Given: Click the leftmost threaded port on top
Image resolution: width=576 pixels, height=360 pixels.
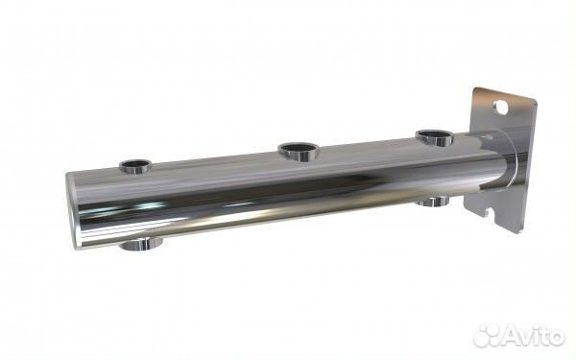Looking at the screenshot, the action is click(x=135, y=166).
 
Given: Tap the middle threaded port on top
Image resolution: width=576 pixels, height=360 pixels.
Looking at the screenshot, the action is click(x=299, y=152).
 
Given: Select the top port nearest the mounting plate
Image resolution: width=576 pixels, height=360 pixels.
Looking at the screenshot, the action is click(x=435, y=137).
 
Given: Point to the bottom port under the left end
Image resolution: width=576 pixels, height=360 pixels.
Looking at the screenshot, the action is click(x=142, y=244).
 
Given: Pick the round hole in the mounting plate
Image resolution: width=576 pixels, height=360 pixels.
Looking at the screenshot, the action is click(x=501, y=108).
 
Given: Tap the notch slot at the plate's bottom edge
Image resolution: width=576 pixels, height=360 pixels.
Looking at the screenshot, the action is click(x=489, y=213).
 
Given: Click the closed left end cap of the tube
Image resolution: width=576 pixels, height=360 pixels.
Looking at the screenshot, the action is click(x=72, y=211).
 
